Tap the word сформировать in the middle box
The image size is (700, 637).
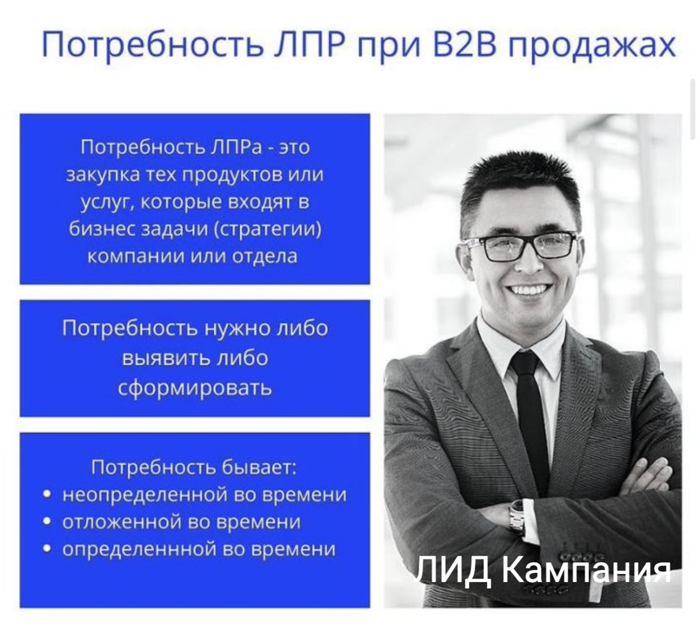click(195, 387)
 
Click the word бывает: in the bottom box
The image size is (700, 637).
click(259, 467)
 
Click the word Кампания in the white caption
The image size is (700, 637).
click(586, 570)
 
